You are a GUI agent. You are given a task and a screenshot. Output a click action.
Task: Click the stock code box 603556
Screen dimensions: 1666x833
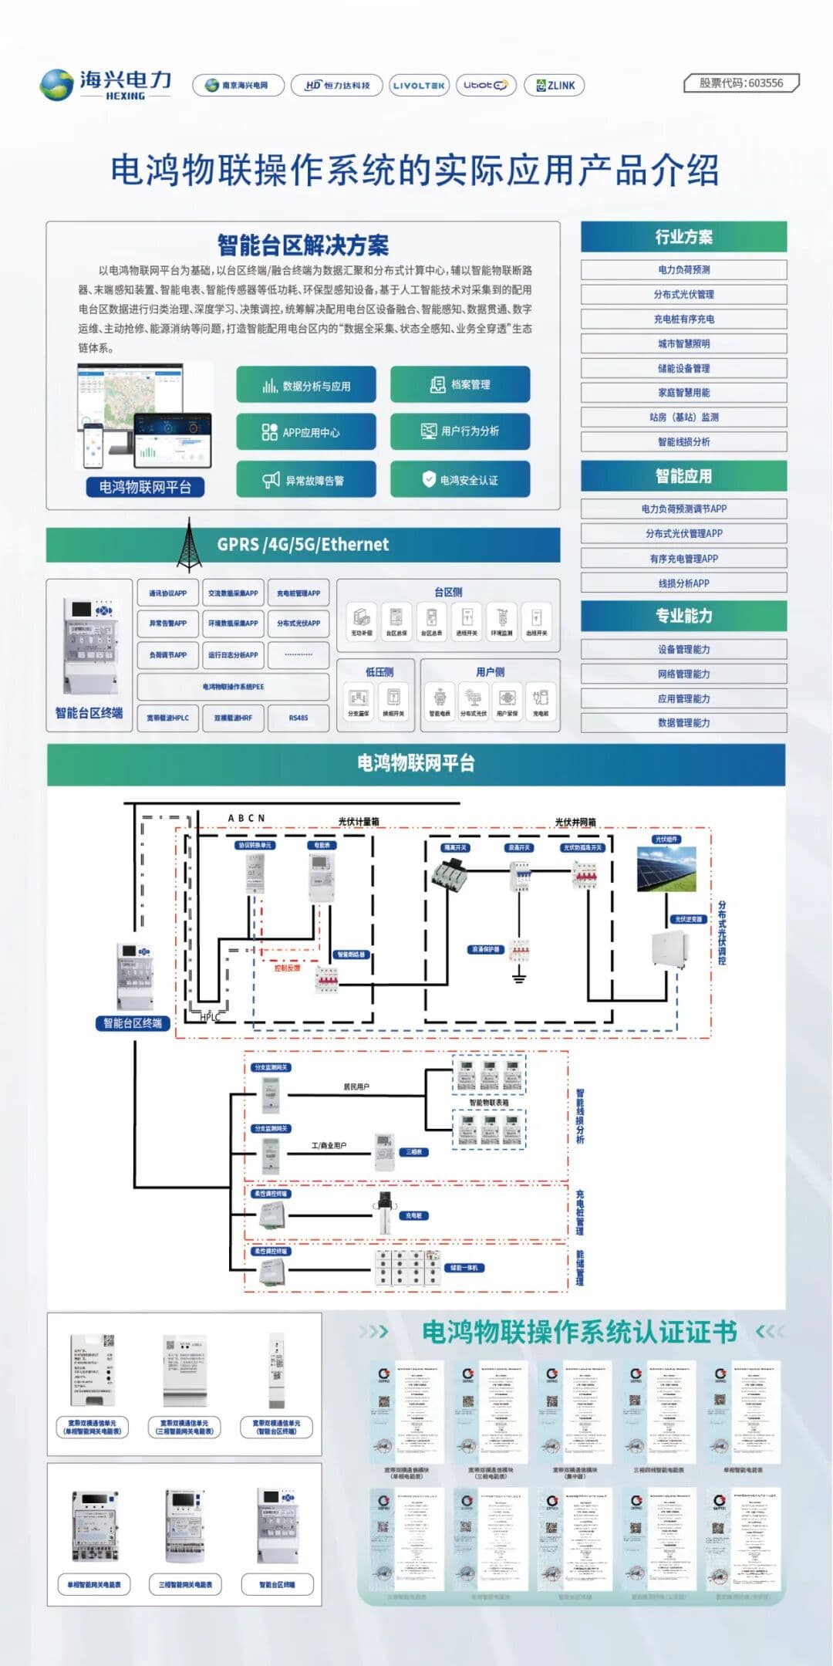coord(741,83)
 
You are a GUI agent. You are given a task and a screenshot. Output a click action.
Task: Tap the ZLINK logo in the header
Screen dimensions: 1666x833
coord(555,86)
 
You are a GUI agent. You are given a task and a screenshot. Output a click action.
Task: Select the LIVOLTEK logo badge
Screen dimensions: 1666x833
coord(418,86)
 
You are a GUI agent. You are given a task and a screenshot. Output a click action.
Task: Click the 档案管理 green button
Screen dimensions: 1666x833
coord(460,384)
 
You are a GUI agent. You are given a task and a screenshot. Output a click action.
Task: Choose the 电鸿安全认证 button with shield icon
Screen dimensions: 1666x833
coord(460,480)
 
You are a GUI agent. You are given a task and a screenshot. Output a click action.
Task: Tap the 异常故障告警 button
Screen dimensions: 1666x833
coord(305,480)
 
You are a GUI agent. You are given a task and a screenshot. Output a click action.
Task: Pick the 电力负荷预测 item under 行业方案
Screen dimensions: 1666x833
coord(683,270)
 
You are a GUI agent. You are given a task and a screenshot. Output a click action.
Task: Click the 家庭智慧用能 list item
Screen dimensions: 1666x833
coord(683,393)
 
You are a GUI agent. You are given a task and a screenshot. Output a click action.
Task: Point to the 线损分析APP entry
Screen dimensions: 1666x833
coord(683,583)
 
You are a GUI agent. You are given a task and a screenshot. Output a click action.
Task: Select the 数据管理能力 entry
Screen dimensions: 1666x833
coord(683,723)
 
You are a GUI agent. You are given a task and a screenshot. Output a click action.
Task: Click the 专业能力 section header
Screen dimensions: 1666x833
coord(683,616)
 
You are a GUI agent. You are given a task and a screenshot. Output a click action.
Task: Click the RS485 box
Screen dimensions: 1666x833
coord(298,718)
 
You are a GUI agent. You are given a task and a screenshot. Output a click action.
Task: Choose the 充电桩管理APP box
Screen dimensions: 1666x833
coord(298,593)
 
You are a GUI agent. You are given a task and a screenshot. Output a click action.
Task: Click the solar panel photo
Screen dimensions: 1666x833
coord(667,868)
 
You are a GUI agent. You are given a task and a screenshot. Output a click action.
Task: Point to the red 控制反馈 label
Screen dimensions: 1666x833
coord(287,968)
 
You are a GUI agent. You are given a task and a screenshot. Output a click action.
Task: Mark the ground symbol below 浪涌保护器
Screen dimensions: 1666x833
coord(519,978)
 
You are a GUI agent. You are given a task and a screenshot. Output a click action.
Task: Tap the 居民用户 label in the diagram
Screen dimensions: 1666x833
coord(356,1086)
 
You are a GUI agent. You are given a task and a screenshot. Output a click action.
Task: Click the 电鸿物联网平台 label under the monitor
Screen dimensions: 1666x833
coord(145,487)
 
